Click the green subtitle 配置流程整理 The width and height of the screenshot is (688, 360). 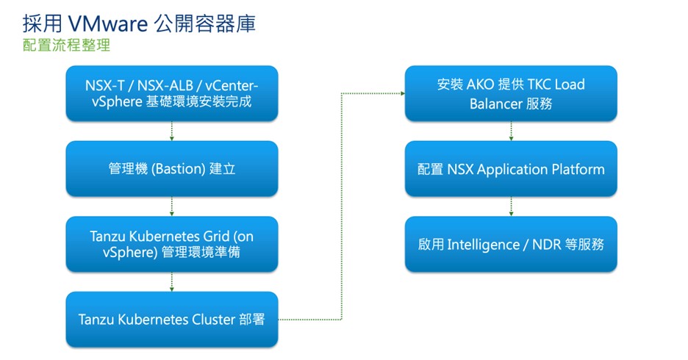(x=66, y=46)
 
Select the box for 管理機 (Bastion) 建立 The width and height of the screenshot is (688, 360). (x=172, y=169)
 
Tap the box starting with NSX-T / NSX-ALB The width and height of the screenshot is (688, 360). (x=172, y=93)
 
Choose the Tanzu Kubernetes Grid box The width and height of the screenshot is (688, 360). (x=172, y=244)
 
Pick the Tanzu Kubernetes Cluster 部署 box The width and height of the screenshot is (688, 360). (x=172, y=320)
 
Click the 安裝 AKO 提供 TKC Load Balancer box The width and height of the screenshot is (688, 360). (x=511, y=93)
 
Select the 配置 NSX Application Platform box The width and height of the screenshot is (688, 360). (x=511, y=169)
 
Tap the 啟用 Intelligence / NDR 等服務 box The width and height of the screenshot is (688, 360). (x=511, y=244)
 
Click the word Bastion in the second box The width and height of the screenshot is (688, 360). (x=177, y=169)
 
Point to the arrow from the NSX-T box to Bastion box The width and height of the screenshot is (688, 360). (x=172, y=131)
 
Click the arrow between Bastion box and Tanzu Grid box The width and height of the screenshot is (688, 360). (x=172, y=206)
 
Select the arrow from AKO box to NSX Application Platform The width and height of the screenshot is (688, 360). (x=511, y=131)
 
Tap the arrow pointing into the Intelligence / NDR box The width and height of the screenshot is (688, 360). (x=511, y=206)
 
